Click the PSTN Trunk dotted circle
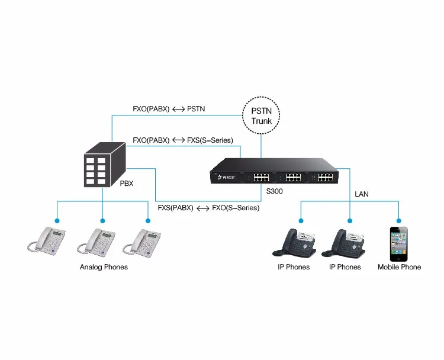pyautogui.click(x=261, y=115)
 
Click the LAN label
pyautogui.click(x=362, y=194)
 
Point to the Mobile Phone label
pyautogui.click(x=399, y=267)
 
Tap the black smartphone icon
pyautogui.click(x=399, y=243)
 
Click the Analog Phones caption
pyautogui.click(x=104, y=267)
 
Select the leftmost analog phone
pyautogui.click(x=50, y=243)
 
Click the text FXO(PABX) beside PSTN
pyautogui.click(x=151, y=109)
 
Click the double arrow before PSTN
pyautogui.click(x=178, y=109)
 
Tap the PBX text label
pyautogui.click(x=126, y=184)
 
